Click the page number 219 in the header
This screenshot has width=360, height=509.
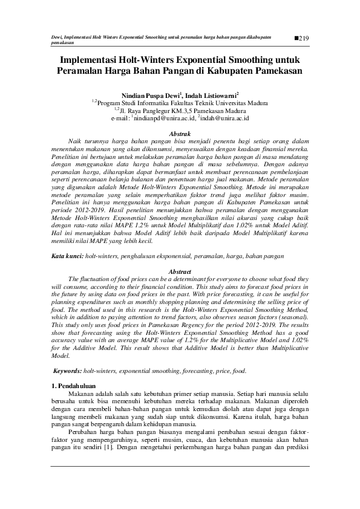click(x=304, y=39)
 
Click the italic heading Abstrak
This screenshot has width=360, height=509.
click(x=180, y=133)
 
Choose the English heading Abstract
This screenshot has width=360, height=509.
click(x=180, y=272)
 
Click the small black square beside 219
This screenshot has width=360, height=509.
click(x=295, y=38)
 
